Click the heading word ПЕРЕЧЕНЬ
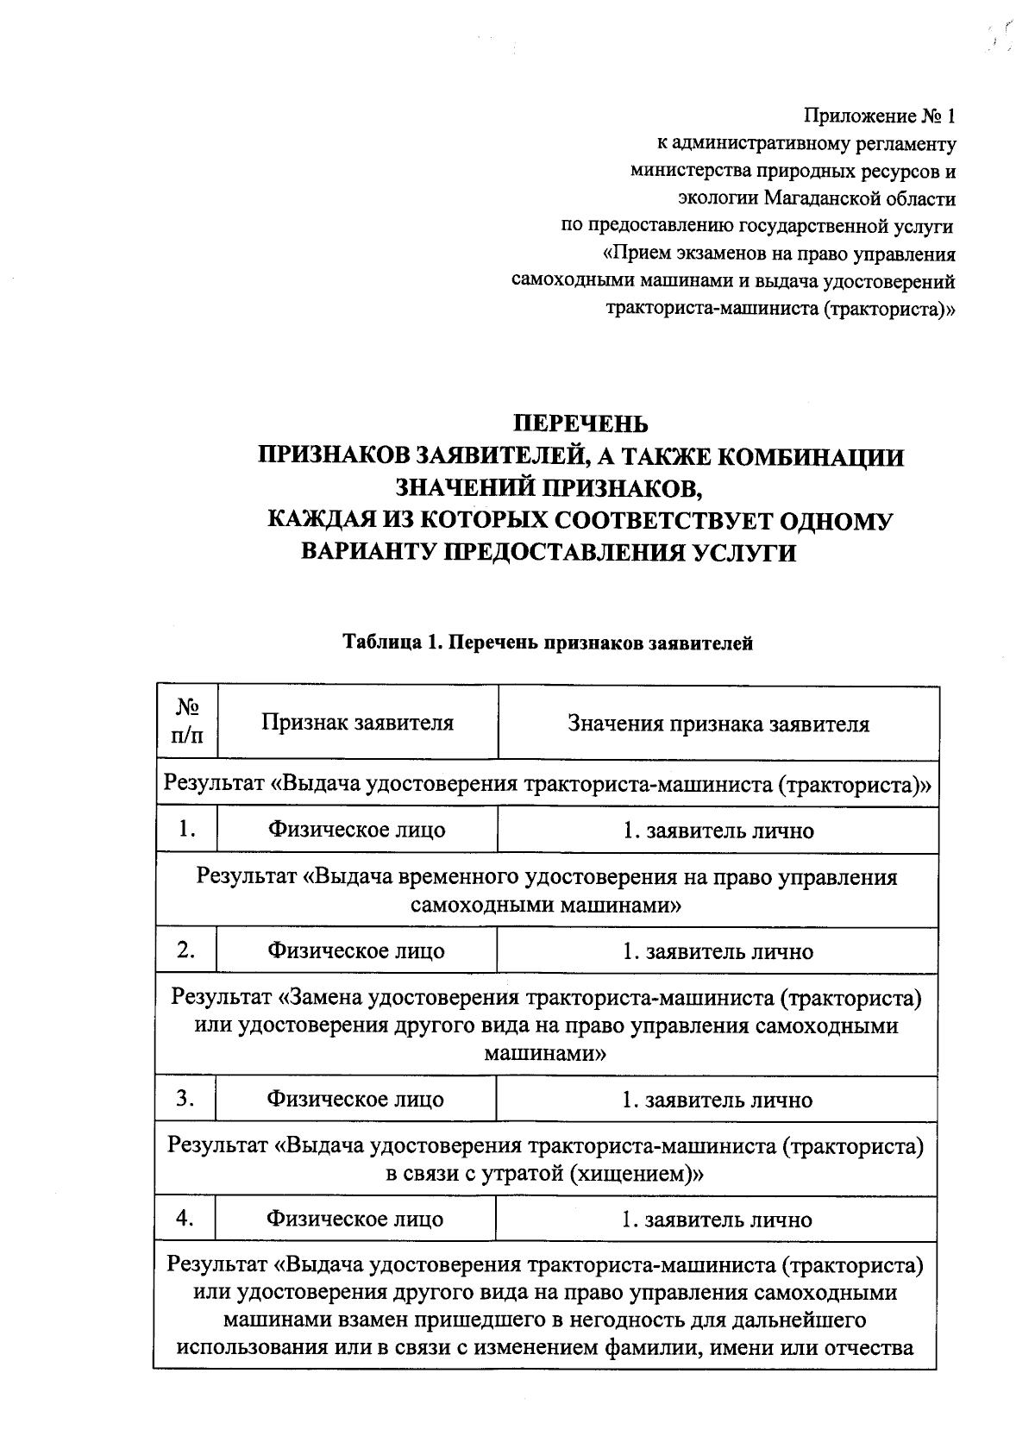click(x=580, y=423)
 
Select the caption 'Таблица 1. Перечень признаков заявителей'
click(x=548, y=643)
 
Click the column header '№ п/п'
click(x=187, y=722)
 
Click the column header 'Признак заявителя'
click(x=358, y=723)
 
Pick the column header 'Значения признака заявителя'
click(x=718, y=724)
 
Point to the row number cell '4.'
click(x=185, y=1219)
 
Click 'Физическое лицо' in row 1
click(x=357, y=831)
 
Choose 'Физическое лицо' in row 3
click(x=355, y=1100)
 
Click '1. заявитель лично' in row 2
click(x=718, y=952)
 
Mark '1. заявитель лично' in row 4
click(x=717, y=1220)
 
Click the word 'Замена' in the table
click(x=327, y=999)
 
